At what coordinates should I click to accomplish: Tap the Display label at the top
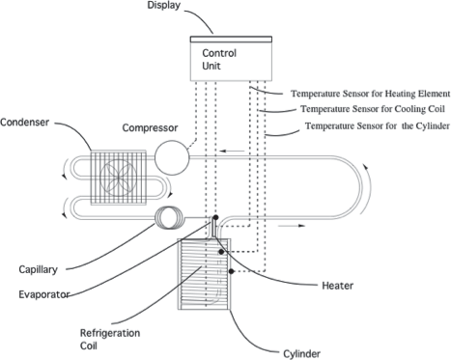(164, 7)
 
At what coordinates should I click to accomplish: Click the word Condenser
(26, 122)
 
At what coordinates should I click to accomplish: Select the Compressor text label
(154, 127)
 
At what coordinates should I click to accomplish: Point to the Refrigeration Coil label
(107, 336)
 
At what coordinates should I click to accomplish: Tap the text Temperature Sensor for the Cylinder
(375, 126)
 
